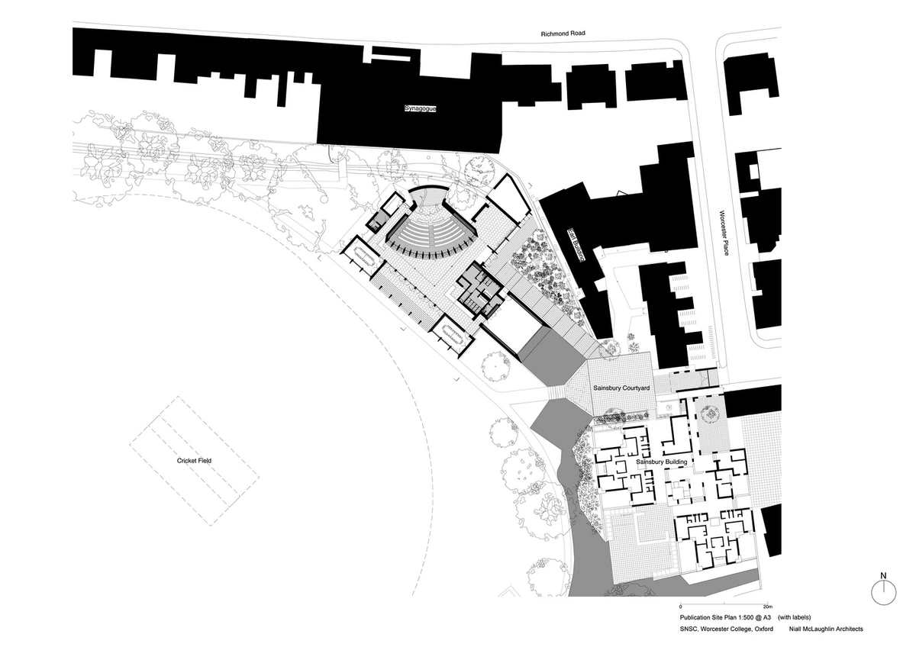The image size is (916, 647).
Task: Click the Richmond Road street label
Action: [x=563, y=34]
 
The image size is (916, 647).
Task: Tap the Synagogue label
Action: [x=420, y=108]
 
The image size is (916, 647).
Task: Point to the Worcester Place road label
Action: [x=723, y=233]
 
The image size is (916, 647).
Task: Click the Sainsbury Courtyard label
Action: [x=621, y=388]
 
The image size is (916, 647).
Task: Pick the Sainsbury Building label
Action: [x=662, y=462]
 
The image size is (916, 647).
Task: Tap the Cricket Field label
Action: [x=194, y=461]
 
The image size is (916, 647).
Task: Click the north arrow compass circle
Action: [x=883, y=592]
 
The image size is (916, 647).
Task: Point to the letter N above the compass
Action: [x=883, y=575]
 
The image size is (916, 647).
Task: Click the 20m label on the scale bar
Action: [x=768, y=607]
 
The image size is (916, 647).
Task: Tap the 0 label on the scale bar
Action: [x=681, y=607]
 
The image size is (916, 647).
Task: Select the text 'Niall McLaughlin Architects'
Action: [x=826, y=629]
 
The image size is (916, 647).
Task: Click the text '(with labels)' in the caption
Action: [x=794, y=617]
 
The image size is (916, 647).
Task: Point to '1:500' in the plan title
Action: [x=744, y=617]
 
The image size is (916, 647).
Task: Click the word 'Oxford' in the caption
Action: [x=763, y=629]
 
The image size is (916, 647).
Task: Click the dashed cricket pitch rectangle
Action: [x=194, y=461]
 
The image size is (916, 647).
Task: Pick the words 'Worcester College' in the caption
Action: [x=726, y=629]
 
